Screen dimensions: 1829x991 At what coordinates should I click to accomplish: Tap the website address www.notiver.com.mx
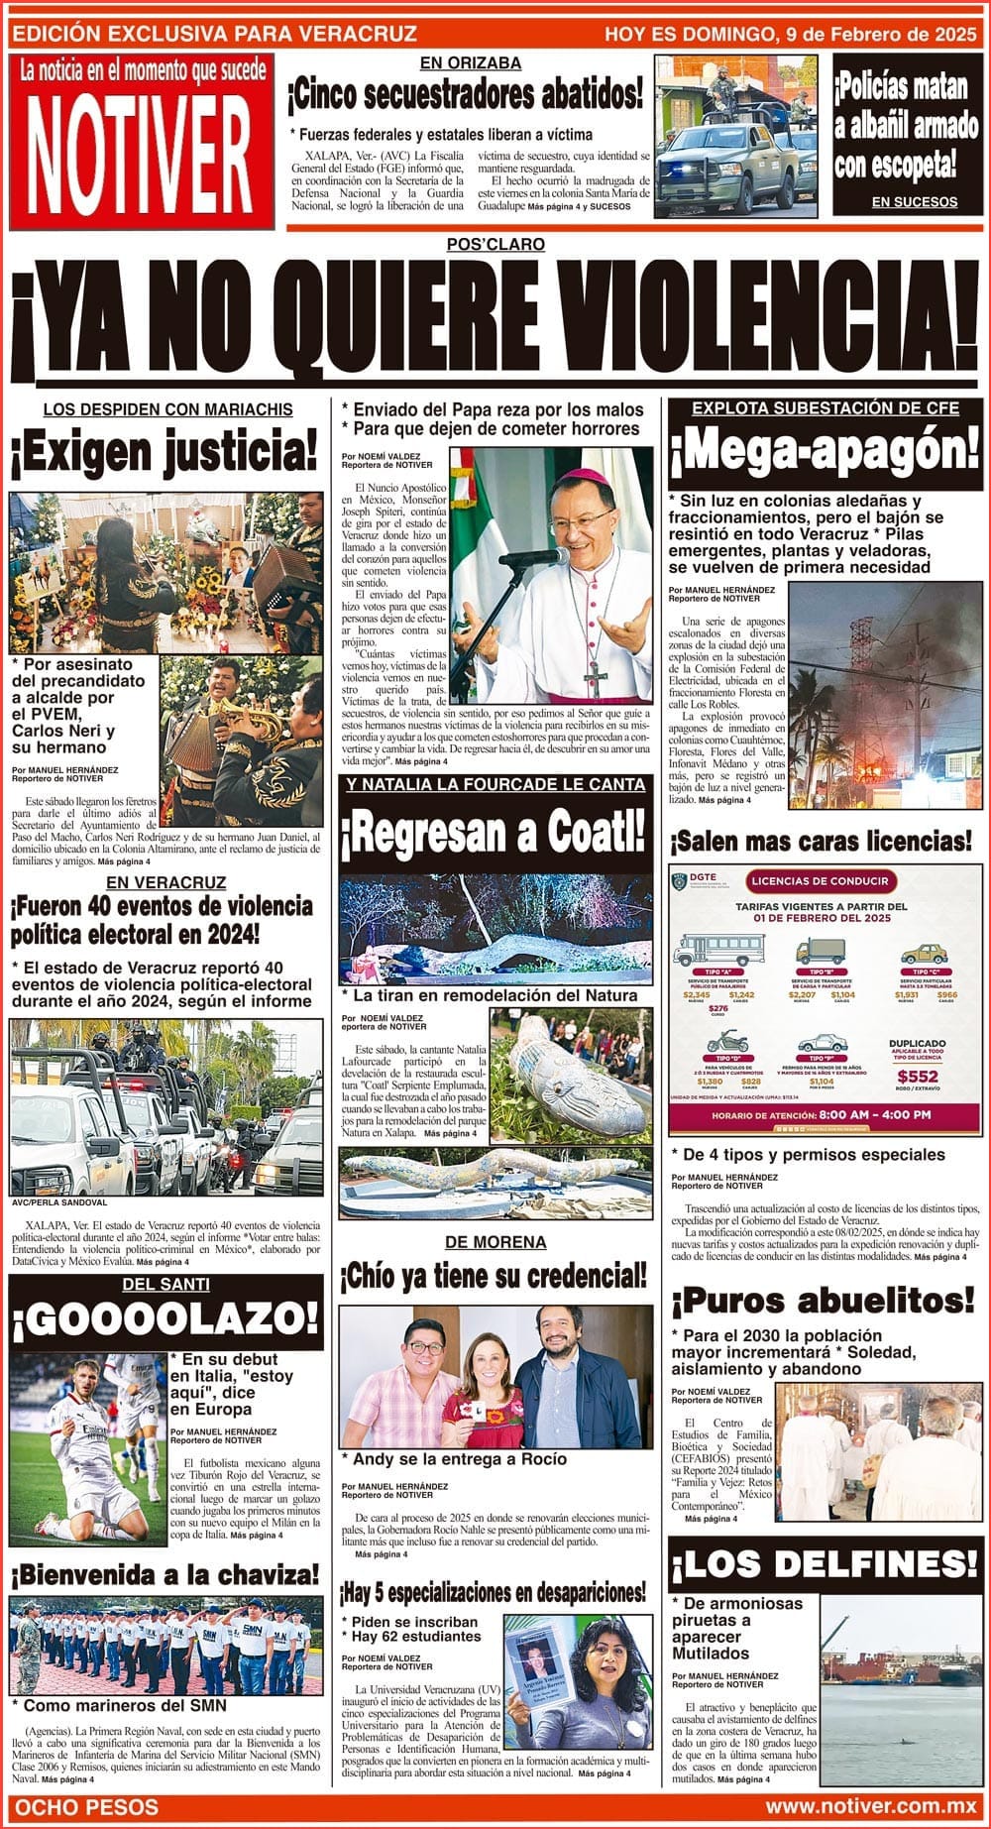871,1808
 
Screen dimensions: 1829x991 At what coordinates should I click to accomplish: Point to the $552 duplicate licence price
917,1077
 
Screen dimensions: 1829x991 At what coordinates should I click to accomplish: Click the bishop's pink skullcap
583,478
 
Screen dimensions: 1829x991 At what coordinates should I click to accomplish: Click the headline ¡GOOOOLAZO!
165,1319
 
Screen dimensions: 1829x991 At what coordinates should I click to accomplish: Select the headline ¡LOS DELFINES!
825,1564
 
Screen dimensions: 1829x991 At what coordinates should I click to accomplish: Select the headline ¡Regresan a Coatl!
493,834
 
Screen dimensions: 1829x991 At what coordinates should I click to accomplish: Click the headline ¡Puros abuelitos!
823,1300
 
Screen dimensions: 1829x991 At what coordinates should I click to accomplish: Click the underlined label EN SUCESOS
914,202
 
